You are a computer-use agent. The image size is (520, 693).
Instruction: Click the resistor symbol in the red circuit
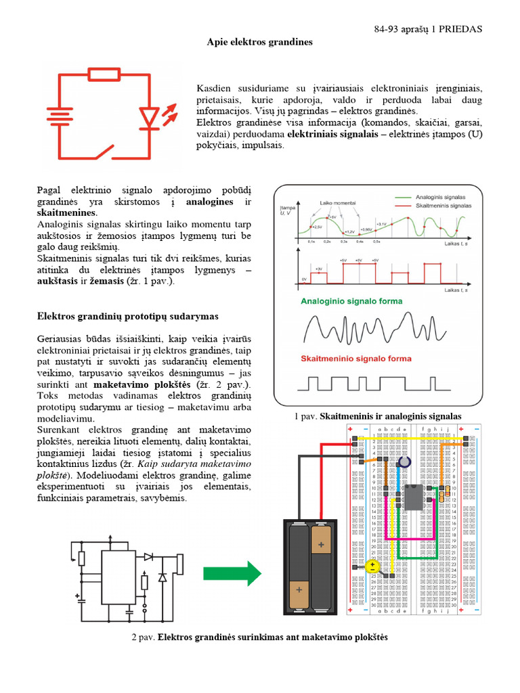click(x=104, y=74)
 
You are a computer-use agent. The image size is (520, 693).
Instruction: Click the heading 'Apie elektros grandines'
click(x=259, y=42)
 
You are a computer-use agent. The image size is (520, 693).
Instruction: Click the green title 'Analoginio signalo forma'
click(x=351, y=301)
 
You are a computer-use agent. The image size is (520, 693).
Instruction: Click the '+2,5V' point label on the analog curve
click(x=317, y=227)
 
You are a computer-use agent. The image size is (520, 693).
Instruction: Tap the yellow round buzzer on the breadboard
click(x=372, y=566)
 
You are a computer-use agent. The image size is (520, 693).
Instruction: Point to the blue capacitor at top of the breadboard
click(x=405, y=461)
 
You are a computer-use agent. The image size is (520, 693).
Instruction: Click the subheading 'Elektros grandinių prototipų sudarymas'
click(x=127, y=316)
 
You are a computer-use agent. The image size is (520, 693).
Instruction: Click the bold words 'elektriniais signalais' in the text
click(x=329, y=134)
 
